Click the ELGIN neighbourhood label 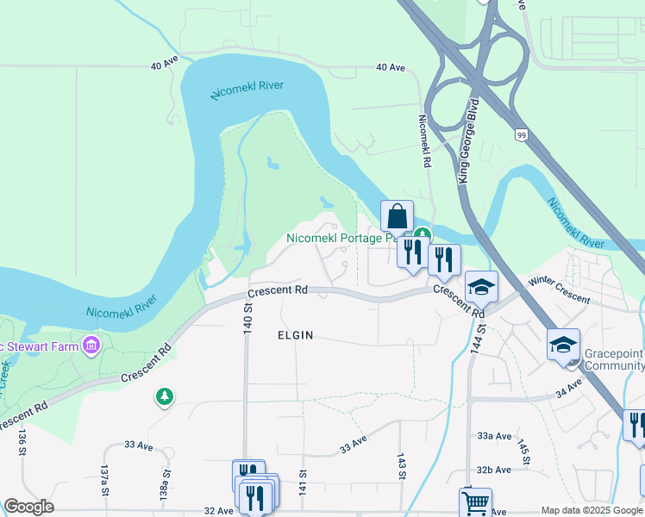295,334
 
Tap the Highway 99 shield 521,135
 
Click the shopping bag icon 397,215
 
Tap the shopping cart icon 475,502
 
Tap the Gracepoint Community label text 613,359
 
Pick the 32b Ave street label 495,470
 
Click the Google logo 28,507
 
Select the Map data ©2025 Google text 592,510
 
